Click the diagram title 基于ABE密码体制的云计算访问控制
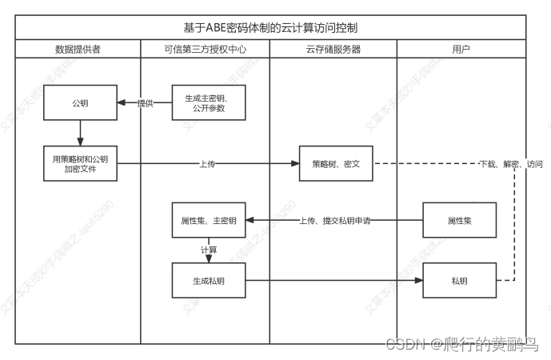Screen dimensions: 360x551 tap(270, 27)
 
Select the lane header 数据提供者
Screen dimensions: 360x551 tap(78, 49)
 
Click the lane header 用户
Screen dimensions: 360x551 tap(461, 49)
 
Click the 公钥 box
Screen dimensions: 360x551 tap(80, 103)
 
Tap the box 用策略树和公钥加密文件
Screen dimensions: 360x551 tap(80, 164)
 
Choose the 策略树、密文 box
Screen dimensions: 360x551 tap(336, 164)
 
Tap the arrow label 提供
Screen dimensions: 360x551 tap(145, 103)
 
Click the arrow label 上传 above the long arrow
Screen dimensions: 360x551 tap(207, 164)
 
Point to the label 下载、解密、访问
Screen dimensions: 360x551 tap(510, 164)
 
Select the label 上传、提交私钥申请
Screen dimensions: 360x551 tap(335, 220)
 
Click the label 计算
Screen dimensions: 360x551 tap(209, 250)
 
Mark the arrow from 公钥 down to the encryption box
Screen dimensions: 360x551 tap(80, 133)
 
